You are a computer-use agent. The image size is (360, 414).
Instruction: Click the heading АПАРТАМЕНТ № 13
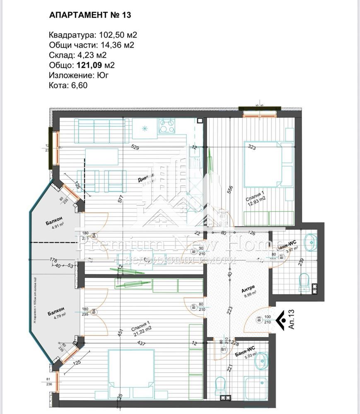coord(90,15)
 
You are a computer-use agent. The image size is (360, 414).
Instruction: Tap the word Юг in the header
coord(104,75)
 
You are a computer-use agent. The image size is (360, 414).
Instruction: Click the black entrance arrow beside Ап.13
coord(280,319)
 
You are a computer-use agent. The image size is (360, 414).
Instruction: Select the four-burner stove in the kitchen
coord(167,125)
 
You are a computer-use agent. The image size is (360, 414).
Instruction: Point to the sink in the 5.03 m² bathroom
coord(261,361)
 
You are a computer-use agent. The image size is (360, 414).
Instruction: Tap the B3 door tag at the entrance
coord(259,319)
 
